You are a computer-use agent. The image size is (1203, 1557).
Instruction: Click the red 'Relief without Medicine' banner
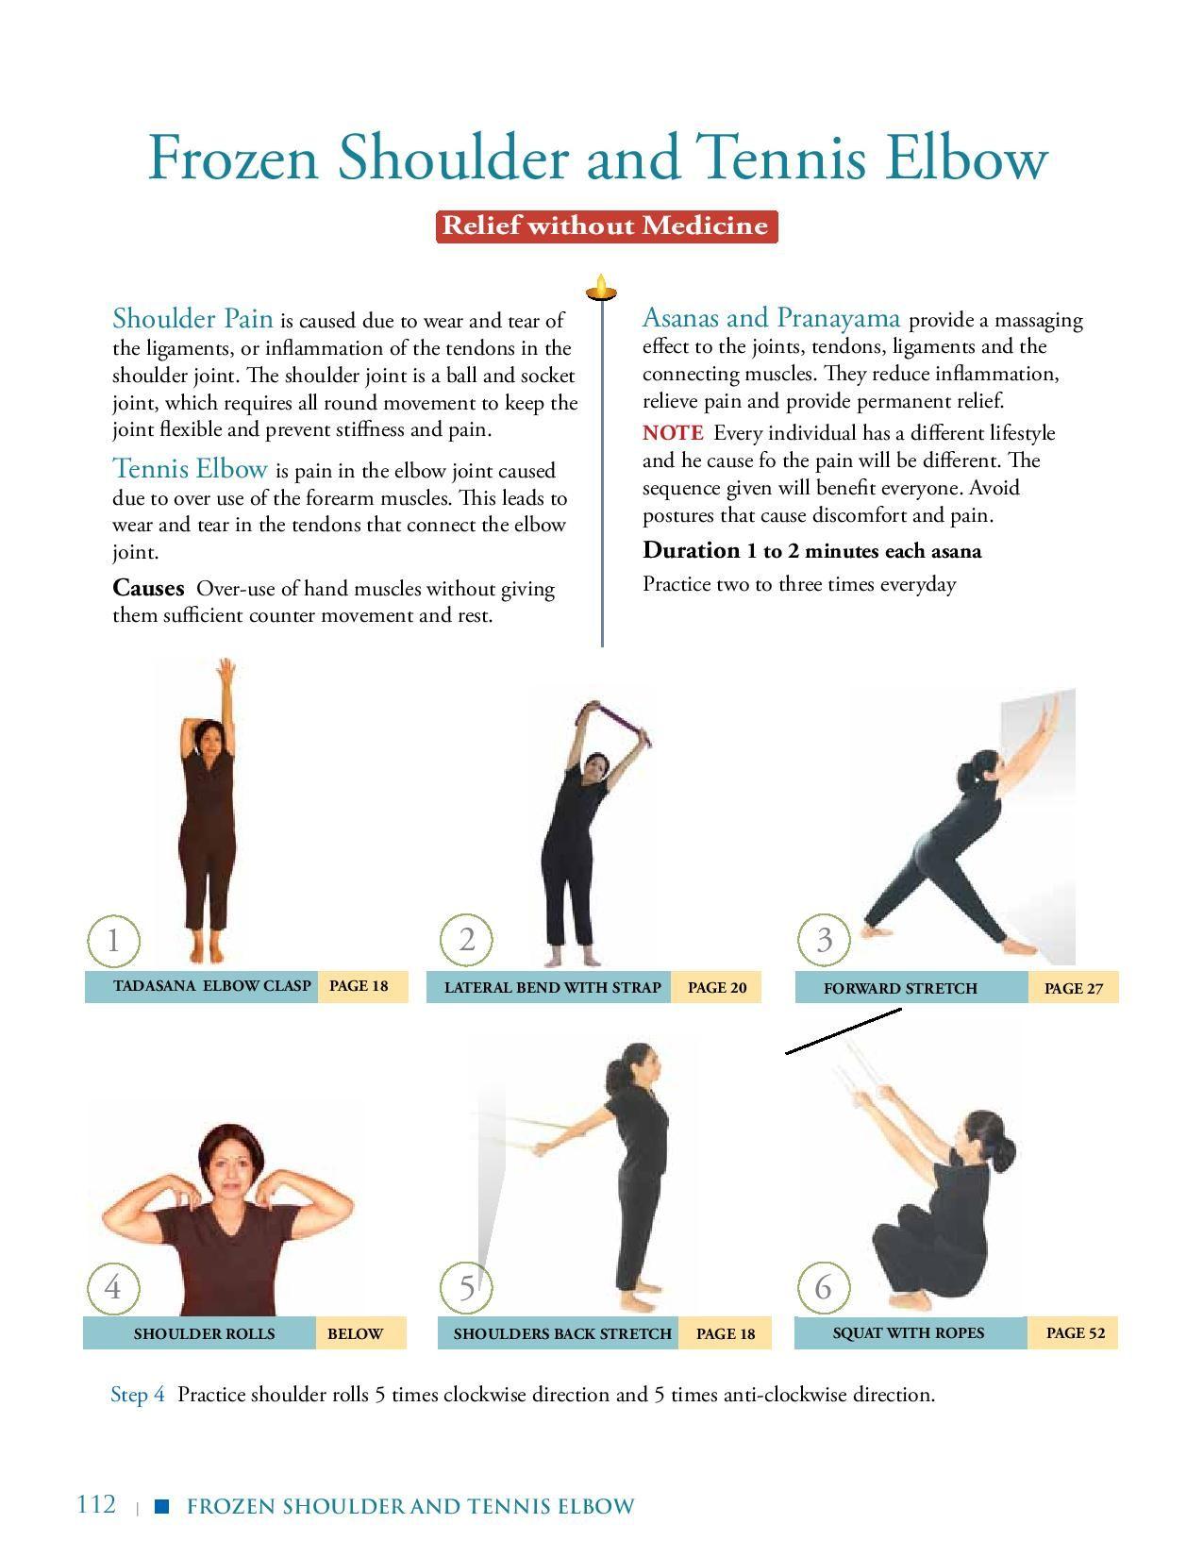[606, 226]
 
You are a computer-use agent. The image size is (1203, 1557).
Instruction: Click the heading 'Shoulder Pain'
[192, 319]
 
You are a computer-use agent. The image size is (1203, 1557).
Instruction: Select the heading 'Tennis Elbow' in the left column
[190, 469]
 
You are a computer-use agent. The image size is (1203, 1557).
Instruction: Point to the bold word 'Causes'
[148, 588]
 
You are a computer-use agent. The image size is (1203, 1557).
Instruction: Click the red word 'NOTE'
[673, 433]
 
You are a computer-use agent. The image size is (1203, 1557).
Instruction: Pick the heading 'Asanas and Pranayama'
[771, 317]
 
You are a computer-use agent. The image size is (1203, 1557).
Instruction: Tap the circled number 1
[113, 940]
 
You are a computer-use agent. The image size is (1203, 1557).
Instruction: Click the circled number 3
[824, 940]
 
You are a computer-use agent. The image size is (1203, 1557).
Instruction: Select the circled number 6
[824, 1288]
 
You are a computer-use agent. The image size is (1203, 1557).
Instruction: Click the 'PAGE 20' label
[716, 987]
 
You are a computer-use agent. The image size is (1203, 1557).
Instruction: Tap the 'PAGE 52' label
[1075, 1332]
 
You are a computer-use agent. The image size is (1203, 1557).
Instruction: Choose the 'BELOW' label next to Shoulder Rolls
[355, 1333]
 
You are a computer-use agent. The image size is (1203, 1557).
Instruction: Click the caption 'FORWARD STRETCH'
[900, 988]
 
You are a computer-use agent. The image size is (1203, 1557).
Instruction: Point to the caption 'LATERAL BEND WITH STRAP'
[552, 987]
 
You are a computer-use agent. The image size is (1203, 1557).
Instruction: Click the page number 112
[96, 1504]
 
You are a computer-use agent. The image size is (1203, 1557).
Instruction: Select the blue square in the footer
[162, 1506]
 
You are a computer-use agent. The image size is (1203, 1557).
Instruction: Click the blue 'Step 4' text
[138, 1395]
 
